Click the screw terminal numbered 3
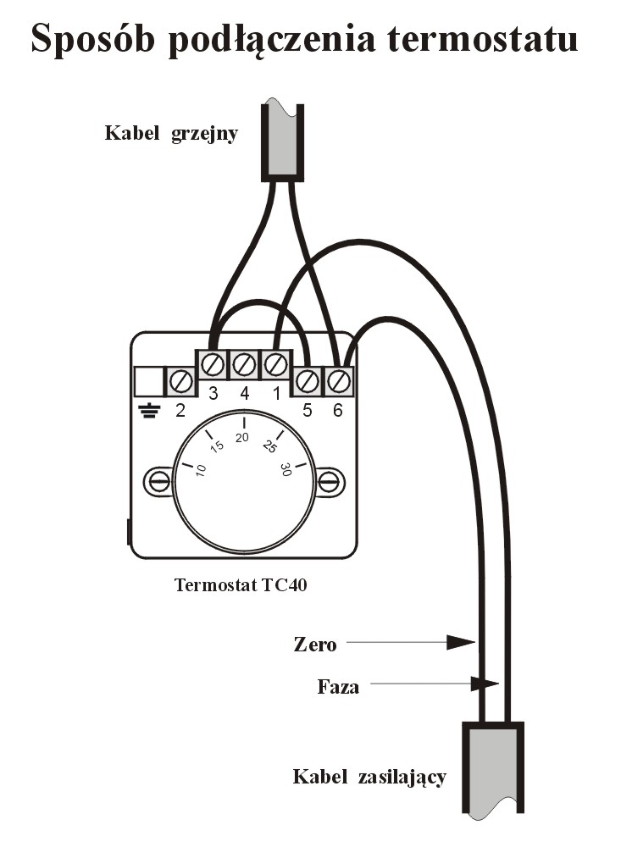[x=213, y=365]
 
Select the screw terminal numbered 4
[x=244, y=365]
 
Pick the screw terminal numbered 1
[x=275, y=365]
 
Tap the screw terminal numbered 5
[x=307, y=381]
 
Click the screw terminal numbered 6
[x=338, y=381]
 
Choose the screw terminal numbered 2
[x=180, y=381]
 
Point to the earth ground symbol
[x=149, y=412]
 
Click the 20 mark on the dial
[x=243, y=437]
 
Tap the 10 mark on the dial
[x=201, y=470]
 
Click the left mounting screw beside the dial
[x=158, y=482]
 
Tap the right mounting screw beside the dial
[x=330, y=482]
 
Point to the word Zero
[x=315, y=645]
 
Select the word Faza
[x=338, y=686]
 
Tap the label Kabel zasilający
[x=369, y=776]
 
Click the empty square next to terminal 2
[x=149, y=381]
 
